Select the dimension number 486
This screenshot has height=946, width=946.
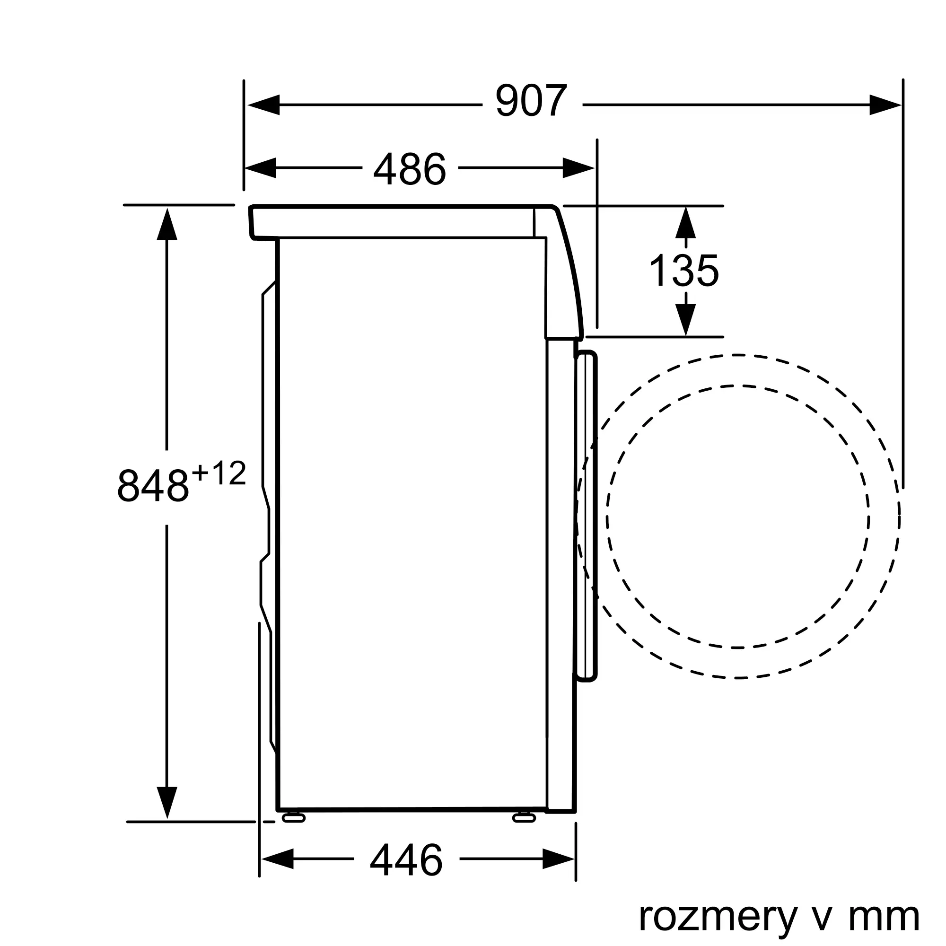pyautogui.click(x=410, y=169)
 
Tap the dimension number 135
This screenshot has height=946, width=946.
pyautogui.click(x=683, y=271)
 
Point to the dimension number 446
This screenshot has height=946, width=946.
pyautogui.click(x=406, y=860)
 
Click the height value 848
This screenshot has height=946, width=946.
pyautogui.click(x=153, y=486)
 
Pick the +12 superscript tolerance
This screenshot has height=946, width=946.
pyautogui.click(x=219, y=473)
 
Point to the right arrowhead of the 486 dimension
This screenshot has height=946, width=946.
pyautogui.click(x=578, y=168)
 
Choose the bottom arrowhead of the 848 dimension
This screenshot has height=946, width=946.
pyautogui.click(x=167, y=802)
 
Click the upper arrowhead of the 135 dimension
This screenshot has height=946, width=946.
pyautogui.click(x=685, y=223)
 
